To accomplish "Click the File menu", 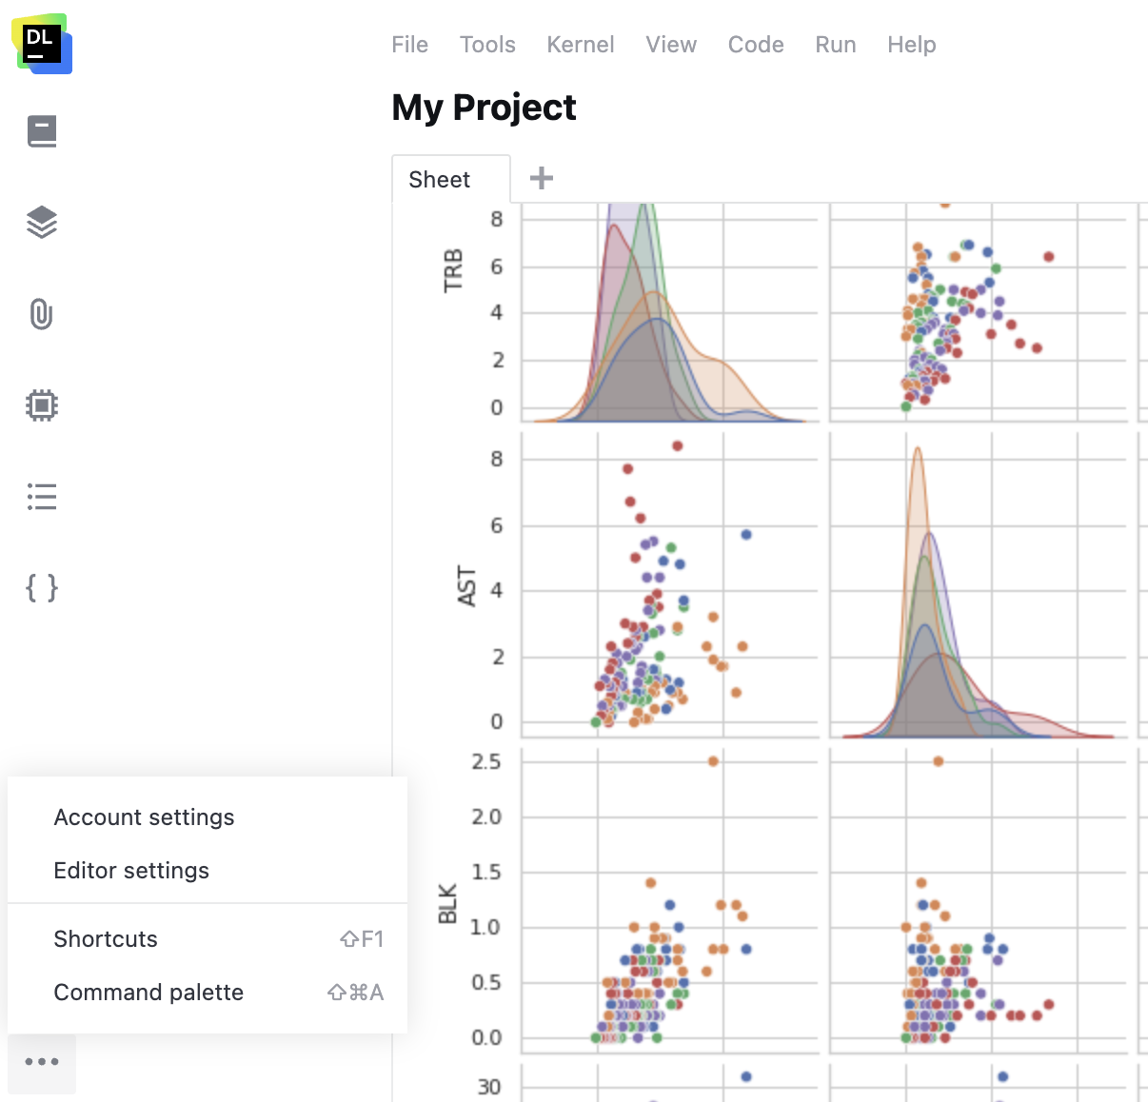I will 409,45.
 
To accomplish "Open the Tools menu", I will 487,45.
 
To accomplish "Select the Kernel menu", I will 580,45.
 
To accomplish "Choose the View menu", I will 671,45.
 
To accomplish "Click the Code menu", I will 756,45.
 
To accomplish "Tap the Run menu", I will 836,45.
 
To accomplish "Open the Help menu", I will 911,45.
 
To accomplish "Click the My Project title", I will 484,108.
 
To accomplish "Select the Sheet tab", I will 440,180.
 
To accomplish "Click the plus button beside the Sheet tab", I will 542,178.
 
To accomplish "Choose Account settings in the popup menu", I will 144,817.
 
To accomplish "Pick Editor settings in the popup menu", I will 131,871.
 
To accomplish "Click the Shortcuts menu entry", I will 106,939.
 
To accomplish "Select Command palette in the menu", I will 148,993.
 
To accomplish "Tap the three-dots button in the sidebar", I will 42,1062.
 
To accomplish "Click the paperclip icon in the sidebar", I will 42,314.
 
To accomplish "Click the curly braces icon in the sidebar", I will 42,588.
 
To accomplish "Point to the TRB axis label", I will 453,270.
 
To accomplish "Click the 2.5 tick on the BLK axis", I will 485,762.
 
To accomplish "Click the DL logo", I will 43,44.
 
